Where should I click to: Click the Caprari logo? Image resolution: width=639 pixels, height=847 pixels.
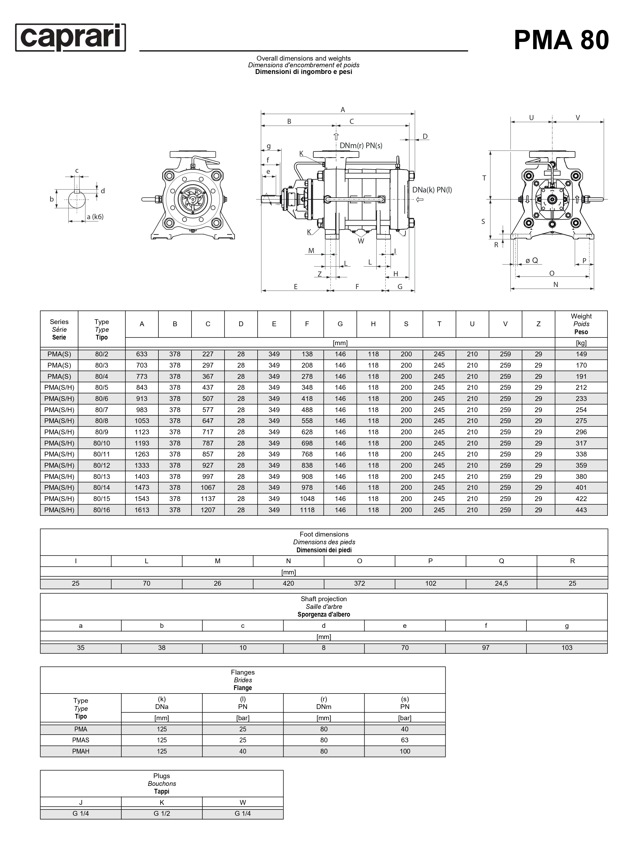point(70,38)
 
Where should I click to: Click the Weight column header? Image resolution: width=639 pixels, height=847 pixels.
point(581,324)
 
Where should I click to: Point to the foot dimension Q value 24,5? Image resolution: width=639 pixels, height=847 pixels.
point(501,583)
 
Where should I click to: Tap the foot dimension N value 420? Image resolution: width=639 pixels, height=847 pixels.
point(289,583)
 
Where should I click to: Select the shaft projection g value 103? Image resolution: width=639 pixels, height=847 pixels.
point(567,648)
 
